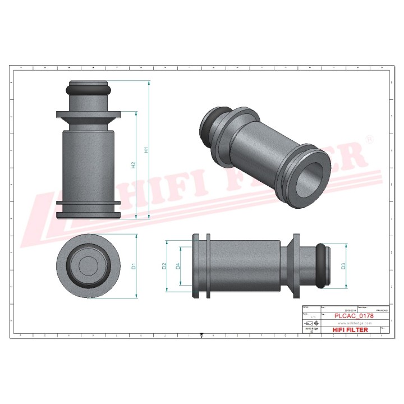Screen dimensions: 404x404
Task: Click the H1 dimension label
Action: [146, 150]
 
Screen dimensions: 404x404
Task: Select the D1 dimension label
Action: [134, 266]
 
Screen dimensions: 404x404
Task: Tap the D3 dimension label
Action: [342, 266]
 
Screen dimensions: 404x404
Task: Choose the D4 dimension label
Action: [178, 266]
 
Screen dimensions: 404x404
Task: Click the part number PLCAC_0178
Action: [353, 316]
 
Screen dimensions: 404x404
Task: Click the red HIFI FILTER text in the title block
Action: [351, 330]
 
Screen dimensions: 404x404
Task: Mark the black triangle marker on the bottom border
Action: [201, 335]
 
